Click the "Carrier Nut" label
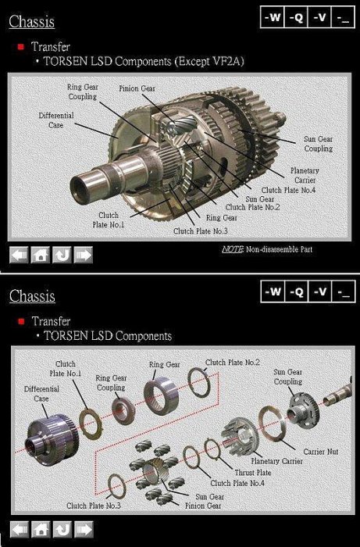coord(321,452)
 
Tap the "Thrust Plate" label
coord(253,472)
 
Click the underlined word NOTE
coord(233,249)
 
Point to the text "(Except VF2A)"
coord(209,62)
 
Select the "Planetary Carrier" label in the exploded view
coord(276,461)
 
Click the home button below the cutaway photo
coord(41,255)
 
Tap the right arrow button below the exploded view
coord(84,530)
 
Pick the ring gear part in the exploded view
coord(162,396)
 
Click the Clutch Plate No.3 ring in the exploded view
coord(117,487)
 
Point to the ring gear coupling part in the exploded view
coord(123,411)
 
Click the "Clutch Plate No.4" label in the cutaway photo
coord(289,190)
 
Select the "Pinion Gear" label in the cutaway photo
coord(137,88)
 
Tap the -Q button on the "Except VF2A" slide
coord(296,17)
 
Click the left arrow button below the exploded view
coord(20,530)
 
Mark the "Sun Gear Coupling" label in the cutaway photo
coord(318,144)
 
